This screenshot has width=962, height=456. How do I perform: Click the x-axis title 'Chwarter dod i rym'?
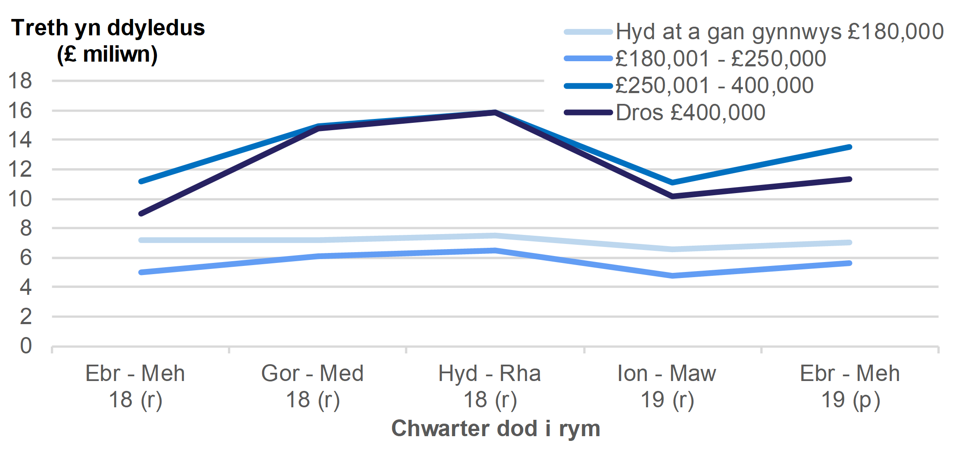coord(495,428)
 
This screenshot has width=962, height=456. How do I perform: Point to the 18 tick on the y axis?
coord(20,81)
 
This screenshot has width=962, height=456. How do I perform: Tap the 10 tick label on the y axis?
coord(20,199)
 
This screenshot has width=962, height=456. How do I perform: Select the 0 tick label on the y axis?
coord(26,346)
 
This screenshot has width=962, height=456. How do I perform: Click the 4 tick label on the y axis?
coord(26,287)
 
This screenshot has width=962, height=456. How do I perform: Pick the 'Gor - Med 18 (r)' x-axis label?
coord(312,386)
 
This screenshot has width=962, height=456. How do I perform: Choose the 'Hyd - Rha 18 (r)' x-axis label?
coord(490,386)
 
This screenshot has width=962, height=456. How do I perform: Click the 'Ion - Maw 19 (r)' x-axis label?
coord(667,386)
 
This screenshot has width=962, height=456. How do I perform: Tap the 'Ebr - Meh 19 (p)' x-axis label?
coord(850,386)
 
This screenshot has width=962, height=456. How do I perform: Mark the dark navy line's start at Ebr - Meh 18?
coord(141,214)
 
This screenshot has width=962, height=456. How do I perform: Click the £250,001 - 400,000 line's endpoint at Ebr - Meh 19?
coord(850,147)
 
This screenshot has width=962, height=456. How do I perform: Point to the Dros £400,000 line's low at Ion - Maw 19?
coord(672,197)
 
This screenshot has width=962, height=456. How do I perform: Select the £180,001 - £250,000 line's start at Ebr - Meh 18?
coord(141,272)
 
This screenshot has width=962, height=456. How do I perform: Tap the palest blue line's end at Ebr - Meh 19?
coord(850,243)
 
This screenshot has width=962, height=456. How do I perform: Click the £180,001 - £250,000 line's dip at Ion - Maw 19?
coord(672,275)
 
